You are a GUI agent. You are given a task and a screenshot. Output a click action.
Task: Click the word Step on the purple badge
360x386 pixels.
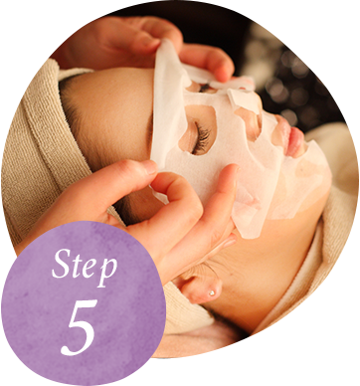click(x=85, y=267)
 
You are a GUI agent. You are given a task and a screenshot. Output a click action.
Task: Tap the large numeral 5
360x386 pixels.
click(x=80, y=327)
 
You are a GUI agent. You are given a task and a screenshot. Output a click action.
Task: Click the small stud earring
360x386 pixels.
click(x=211, y=292)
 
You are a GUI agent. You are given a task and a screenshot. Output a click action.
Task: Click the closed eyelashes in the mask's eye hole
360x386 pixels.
click(x=201, y=138)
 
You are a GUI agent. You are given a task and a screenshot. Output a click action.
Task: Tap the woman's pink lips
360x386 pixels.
click(x=292, y=139)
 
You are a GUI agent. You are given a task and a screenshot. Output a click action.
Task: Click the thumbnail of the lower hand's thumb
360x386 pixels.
click(x=150, y=168)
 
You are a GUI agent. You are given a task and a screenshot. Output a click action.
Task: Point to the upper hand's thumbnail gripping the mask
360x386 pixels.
click(x=146, y=43)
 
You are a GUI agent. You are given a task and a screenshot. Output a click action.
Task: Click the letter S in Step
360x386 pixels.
click(x=61, y=265)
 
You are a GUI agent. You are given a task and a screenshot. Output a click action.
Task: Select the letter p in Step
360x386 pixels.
click(x=107, y=271)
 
